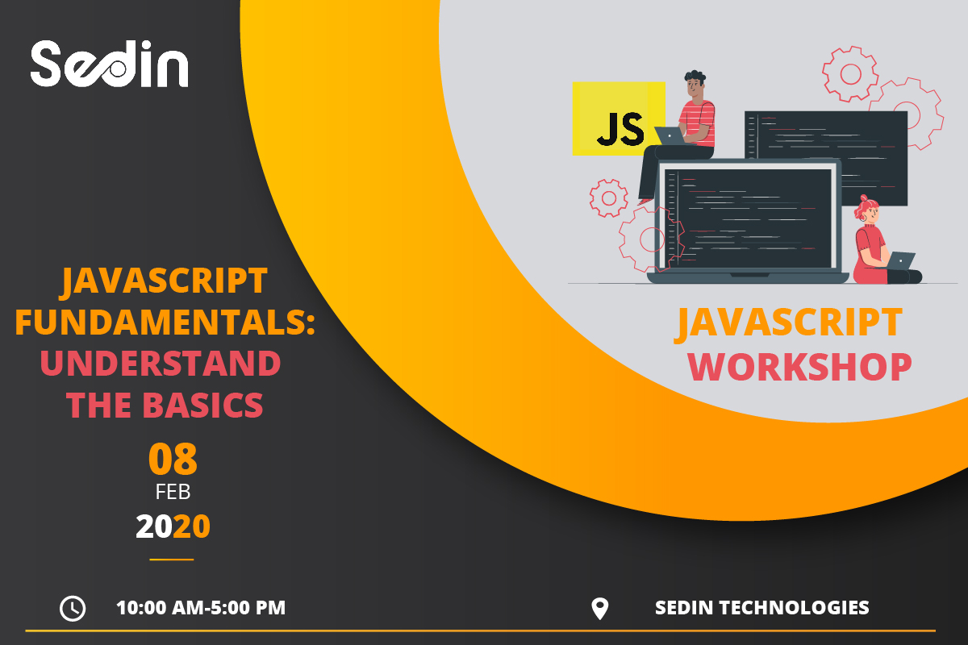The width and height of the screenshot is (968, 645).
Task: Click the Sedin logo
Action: [x=109, y=64]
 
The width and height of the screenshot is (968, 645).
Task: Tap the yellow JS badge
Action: [x=619, y=119]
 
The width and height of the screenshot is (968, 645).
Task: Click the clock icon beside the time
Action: [x=73, y=608]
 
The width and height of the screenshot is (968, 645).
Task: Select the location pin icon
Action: [x=599, y=608]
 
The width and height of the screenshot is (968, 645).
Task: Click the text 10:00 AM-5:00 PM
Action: [x=201, y=607]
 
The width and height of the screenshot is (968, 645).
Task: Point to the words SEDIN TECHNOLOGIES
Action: [x=761, y=607]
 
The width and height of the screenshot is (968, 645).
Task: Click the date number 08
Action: [x=173, y=460]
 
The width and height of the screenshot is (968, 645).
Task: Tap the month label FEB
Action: [x=173, y=491]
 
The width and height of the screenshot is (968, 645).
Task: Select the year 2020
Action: [x=173, y=526]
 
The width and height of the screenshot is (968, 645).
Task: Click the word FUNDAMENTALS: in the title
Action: [x=165, y=323]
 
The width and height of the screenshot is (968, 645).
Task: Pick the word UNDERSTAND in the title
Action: [x=161, y=364]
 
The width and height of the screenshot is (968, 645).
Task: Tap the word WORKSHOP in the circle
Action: [x=799, y=366]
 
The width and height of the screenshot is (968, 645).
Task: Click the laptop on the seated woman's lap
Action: [x=901, y=260]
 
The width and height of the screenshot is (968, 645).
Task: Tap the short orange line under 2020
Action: [x=172, y=559]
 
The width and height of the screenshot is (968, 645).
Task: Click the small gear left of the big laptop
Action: [x=608, y=198]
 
